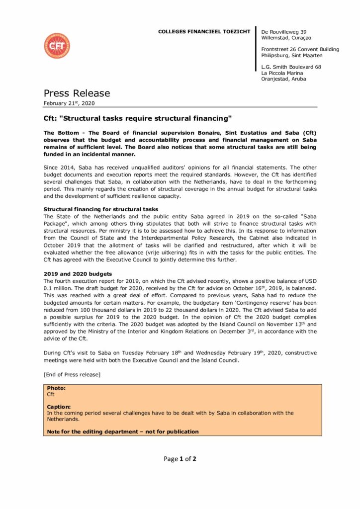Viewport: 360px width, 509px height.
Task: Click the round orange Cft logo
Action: (x=57, y=46)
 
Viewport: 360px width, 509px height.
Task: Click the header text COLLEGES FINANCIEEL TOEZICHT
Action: (x=204, y=32)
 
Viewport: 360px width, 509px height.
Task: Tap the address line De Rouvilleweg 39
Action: (x=284, y=32)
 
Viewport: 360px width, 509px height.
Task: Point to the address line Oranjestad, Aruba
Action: (x=283, y=79)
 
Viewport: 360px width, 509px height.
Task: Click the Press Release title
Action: (x=77, y=93)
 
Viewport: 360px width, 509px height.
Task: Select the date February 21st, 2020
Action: (x=69, y=103)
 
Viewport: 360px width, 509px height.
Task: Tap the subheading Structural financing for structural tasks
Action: (x=101, y=209)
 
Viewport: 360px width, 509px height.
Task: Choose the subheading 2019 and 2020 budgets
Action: (x=78, y=274)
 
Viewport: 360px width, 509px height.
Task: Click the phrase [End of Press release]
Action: (x=72, y=374)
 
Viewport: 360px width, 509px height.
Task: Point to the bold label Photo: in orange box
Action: (x=56, y=388)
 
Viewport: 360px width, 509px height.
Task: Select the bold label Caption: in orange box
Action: (x=59, y=407)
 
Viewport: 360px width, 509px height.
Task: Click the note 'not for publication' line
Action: (x=123, y=431)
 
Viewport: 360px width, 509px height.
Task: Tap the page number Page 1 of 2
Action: (x=180, y=459)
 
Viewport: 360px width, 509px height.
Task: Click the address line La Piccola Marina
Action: (x=282, y=73)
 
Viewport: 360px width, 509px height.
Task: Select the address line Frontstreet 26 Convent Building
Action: (x=300, y=49)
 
